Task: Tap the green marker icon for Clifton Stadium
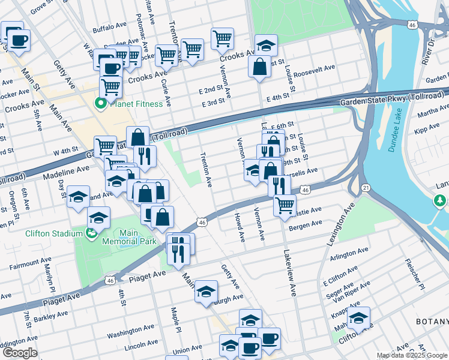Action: point(91,233)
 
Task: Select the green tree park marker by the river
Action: point(440,200)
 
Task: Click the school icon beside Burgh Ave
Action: point(206,292)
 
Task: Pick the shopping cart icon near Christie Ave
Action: point(285,205)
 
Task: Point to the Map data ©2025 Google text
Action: point(412,355)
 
